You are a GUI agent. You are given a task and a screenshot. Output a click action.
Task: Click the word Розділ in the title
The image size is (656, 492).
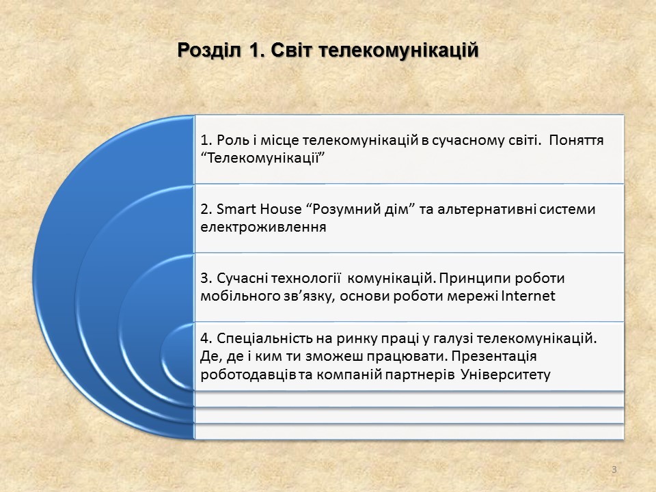pyautogui.click(x=209, y=51)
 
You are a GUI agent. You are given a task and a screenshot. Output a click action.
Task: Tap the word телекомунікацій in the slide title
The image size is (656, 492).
pyautogui.click(x=398, y=50)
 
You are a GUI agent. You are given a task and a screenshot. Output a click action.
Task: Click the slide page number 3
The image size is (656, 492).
pyautogui.click(x=614, y=469)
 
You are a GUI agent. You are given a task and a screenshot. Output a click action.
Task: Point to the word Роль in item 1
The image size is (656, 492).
pyautogui.click(x=232, y=140)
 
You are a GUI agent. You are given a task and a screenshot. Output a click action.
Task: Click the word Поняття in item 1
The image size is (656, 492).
pyautogui.click(x=576, y=140)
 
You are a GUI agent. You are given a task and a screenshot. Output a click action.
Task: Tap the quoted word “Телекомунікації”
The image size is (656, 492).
pyautogui.click(x=262, y=159)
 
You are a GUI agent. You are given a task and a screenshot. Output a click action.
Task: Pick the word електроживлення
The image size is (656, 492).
pyautogui.click(x=263, y=227)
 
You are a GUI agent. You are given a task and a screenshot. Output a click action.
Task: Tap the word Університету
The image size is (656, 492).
pyautogui.click(x=506, y=374)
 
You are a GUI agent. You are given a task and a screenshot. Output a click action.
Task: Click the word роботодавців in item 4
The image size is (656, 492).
pyautogui.click(x=248, y=374)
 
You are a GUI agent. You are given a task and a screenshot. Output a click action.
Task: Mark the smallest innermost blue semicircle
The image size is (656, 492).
pyautogui.click(x=177, y=357)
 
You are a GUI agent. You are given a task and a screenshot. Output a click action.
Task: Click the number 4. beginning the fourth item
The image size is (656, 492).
pyautogui.click(x=206, y=338)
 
